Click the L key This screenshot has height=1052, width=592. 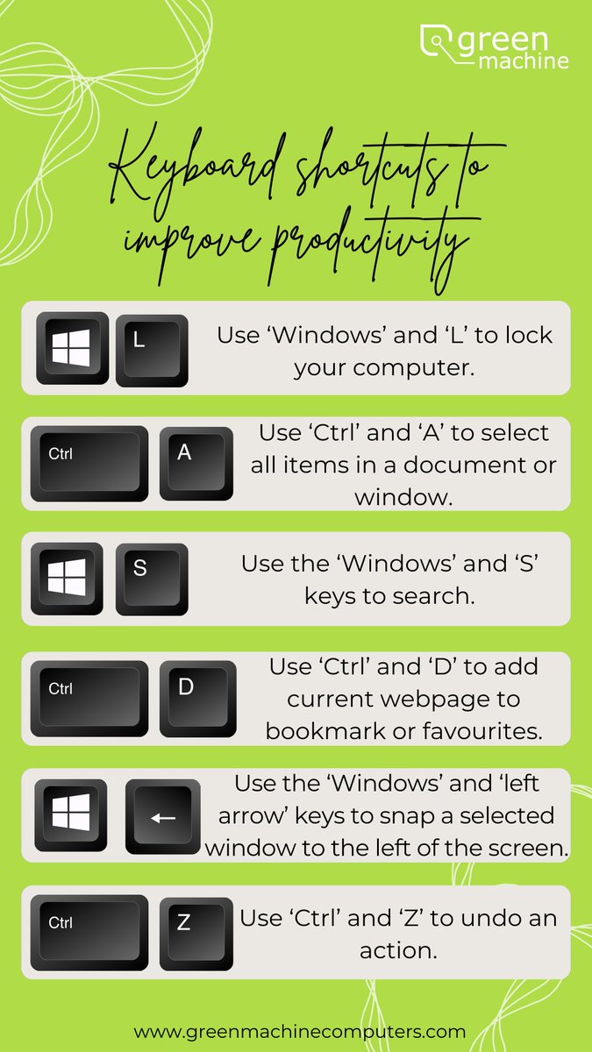tap(152, 349)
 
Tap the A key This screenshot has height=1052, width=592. tap(196, 463)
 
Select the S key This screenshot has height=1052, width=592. tap(152, 578)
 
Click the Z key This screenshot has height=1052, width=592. tap(196, 931)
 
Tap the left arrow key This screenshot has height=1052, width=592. tap(163, 816)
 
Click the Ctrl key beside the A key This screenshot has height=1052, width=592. tap(89, 463)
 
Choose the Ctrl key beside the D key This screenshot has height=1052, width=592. tap(89, 697)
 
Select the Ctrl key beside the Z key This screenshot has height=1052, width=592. tap(89, 931)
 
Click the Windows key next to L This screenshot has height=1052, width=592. tap(72, 348)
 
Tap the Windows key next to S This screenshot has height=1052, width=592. tap(72, 578)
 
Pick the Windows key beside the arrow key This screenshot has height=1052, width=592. tap(72, 814)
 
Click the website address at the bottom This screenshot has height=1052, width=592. tap(300, 1031)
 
